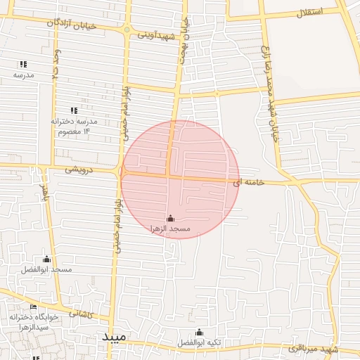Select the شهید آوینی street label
pyautogui.click(x=155, y=33)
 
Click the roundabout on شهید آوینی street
pyautogui.click(x=127, y=30)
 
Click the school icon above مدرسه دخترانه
pyautogui.click(x=74, y=110)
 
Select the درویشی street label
pyautogui.click(x=80, y=169)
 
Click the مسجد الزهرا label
pyautogui.click(x=170, y=229)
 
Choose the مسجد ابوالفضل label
pyautogui.click(x=47, y=269)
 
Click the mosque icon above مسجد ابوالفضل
pyautogui.click(x=47, y=259)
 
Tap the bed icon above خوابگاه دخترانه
pyautogui.click(x=32, y=307)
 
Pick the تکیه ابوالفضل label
pyautogui.click(x=199, y=342)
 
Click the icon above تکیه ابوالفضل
pyautogui.click(x=199, y=332)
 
